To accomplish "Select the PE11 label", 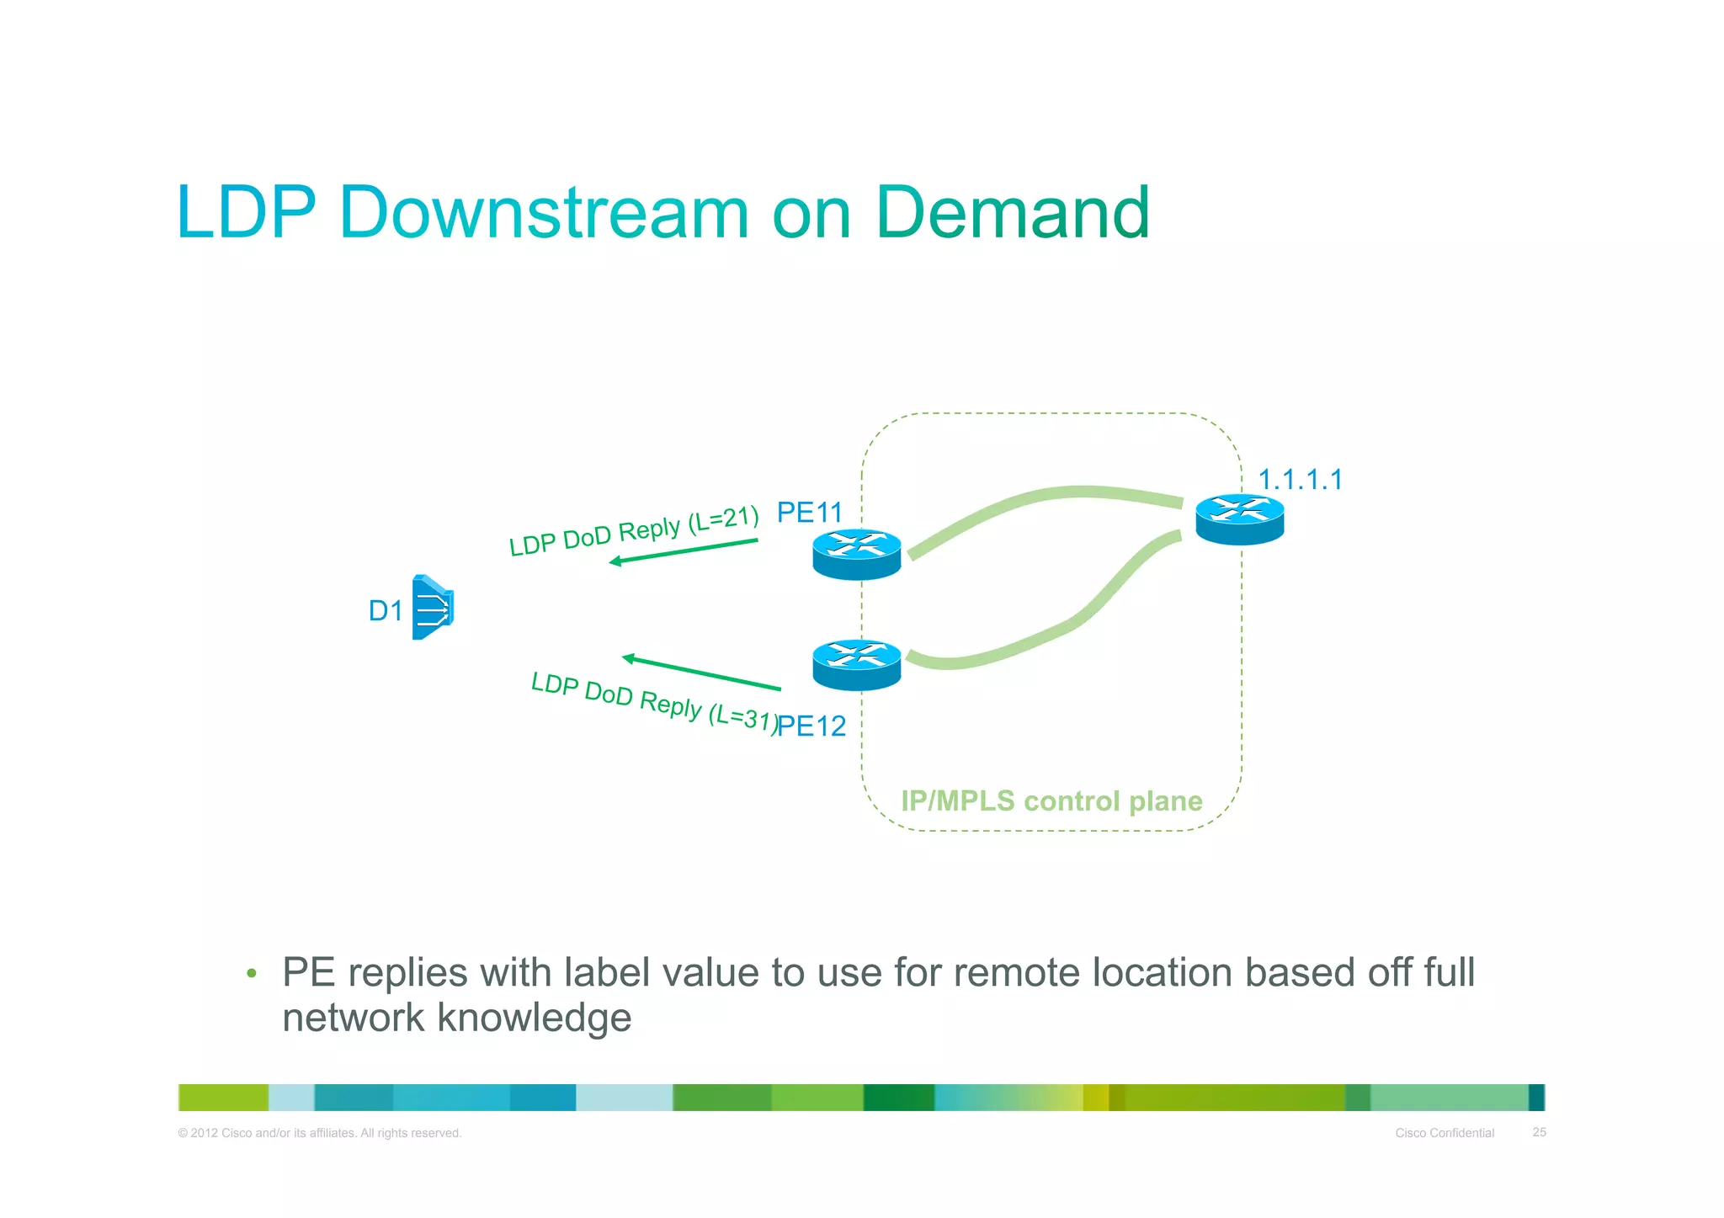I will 809,512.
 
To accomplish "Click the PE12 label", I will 811,726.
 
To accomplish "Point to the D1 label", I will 386,610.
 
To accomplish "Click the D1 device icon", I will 433,607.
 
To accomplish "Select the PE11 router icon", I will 856,555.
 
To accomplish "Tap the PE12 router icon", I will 856,665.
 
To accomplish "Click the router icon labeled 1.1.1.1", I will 1239,519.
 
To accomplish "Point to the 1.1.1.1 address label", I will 1300,480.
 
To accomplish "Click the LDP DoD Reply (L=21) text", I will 634,531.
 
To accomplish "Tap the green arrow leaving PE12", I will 700,673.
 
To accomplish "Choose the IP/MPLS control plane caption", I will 1051,800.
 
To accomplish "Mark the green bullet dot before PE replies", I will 251,974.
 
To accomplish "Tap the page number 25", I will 1539,1132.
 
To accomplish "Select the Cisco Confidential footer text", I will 1444,1133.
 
